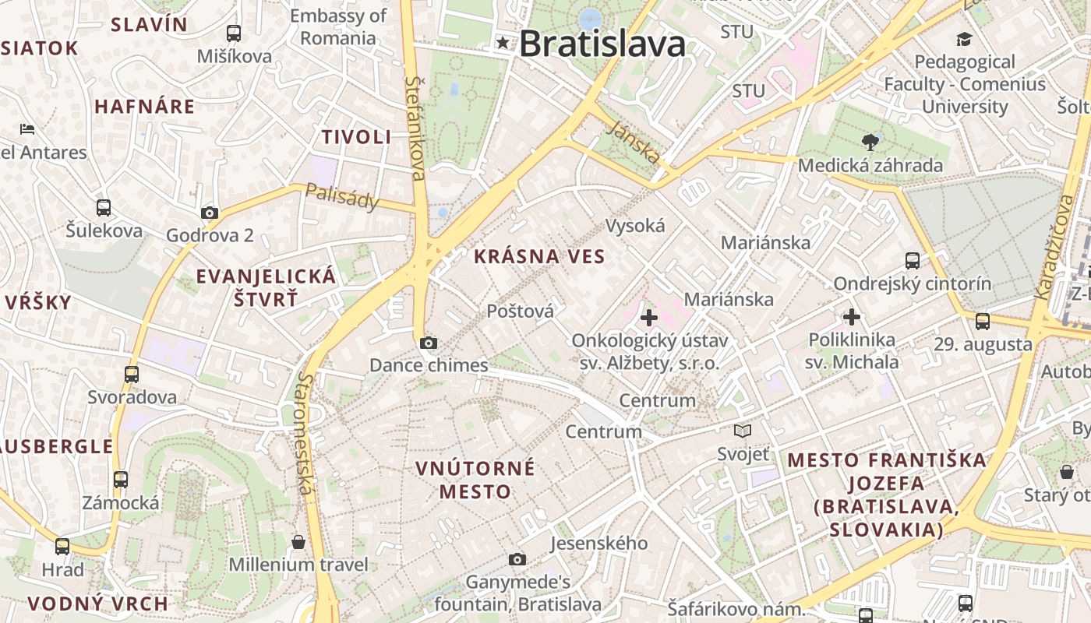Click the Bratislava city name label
click(x=602, y=44)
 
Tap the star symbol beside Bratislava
click(x=503, y=43)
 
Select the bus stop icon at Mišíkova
click(x=234, y=33)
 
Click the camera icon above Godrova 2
click(x=210, y=213)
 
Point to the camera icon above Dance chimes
click(x=428, y=343)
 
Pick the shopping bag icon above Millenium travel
click(x=298, y=542)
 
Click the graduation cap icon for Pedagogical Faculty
click(x=965, y=39)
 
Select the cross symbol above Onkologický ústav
click(x=649, y=318)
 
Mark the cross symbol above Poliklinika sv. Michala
click(x=852, y=317)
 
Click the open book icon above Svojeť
click(x=743, y=431)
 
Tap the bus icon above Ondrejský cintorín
click(x=913, y=261)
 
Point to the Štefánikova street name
click(x=415, y=128)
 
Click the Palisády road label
click(x=341, y=197)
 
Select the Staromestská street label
click(x=305, y=433)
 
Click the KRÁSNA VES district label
click(x=539, y=256)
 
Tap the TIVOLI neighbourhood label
click(x=357, y=137)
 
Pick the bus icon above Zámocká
click(x=121, y=480)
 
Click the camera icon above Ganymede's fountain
click(x=517, y=559)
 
